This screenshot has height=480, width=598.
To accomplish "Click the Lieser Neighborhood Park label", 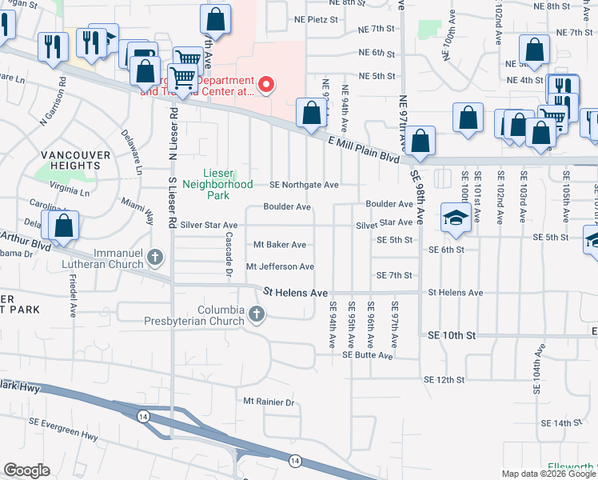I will [x=228, y=178].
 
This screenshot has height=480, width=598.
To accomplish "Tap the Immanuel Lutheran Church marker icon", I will [x=156, y=257].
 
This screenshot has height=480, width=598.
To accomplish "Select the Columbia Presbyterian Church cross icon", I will [x=257, y=313].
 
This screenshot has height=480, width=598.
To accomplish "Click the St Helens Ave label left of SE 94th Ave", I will [x=296, y=293].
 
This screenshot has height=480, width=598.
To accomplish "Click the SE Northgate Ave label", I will [x=304, y=185].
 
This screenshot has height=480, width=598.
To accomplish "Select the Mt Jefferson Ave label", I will [x=280, y=266].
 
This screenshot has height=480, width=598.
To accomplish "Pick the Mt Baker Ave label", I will [x=280, y=245].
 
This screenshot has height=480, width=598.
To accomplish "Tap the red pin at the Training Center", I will [x=267, y=83].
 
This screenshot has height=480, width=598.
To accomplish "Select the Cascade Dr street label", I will [x=229, y=258].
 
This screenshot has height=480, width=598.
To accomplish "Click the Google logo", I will [x=26, y=470].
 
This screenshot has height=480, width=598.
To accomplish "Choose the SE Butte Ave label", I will [x=369, y=355].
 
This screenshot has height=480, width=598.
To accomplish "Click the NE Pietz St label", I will [x=317, y=18].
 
